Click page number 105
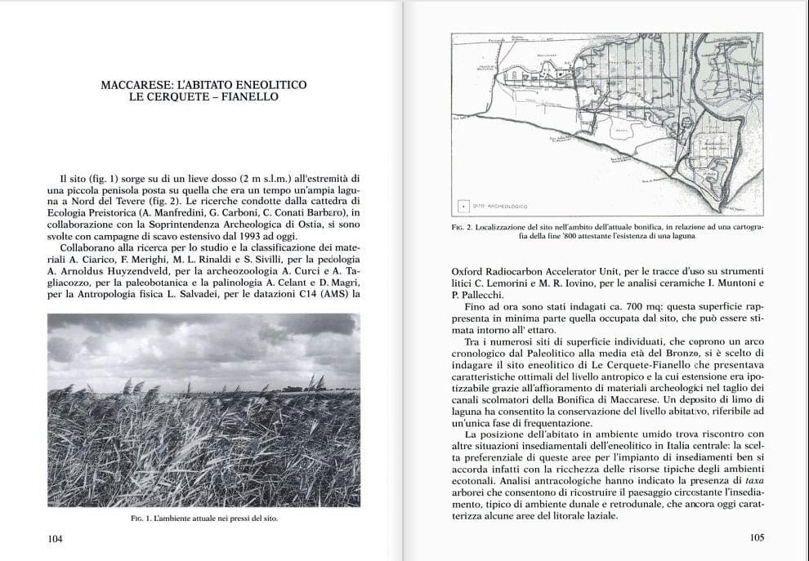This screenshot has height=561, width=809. coord(756,539)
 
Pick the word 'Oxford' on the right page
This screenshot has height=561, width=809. coord(468,271)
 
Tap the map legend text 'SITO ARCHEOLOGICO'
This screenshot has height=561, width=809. coord(503,206)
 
